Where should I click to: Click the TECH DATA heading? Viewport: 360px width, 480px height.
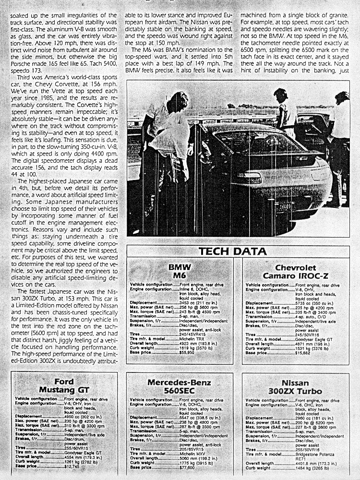[x=233, y=252]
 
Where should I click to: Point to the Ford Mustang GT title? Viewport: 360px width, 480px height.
[x=63, y=385]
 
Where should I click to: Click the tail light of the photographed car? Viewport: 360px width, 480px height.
[x=250, y=176]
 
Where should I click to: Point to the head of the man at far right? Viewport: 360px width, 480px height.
[x=341, y=98]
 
